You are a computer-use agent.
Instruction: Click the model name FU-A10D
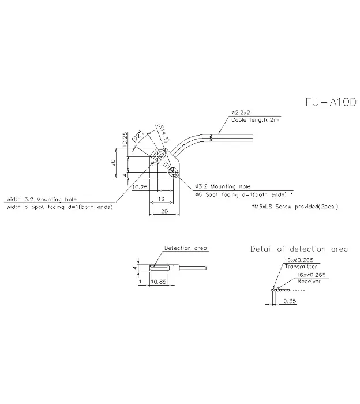(x=331, y=102)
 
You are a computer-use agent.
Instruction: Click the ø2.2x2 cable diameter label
(x=241, y=113)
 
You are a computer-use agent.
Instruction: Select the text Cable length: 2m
(x=255, y=120)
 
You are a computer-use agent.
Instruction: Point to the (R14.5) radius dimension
(x=163, y=133)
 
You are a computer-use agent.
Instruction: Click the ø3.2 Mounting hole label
(x=223, y=186)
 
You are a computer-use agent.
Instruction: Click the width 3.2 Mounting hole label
(x=42, y=199)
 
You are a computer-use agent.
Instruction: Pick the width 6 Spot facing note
(x=59, y=207)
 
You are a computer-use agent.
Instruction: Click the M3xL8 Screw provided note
(x=295, y=207)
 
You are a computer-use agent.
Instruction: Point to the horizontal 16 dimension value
(x=161, y=199)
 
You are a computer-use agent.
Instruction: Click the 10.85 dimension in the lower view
(x=159, y=282)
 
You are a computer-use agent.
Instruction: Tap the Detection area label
(x=186, y=248)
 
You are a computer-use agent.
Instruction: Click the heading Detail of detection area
(x=299, y=249)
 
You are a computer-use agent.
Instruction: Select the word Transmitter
(x=301, y=267)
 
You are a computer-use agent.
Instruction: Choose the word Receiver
(x=309, y=282)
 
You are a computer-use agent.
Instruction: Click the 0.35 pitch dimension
(x=290, y=301)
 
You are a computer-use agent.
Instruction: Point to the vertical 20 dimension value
(x=113, y=163)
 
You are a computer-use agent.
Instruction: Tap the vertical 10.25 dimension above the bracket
(x=125, y=140)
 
